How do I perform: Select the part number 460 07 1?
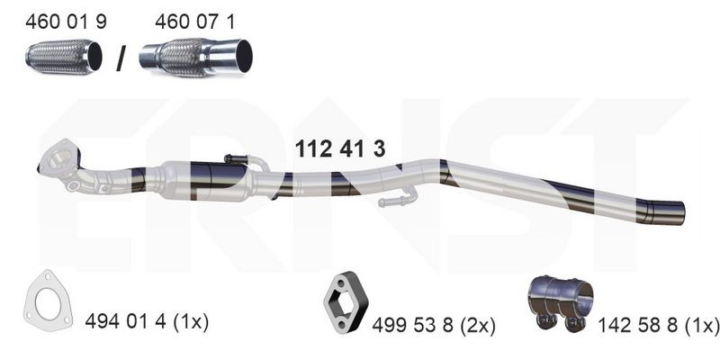pyautogui.click(x=195, y=22)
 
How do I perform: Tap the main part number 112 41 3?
pyautogui.click(x=340, y=150)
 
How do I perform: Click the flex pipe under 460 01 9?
pyautogui.click(x=59, y=58)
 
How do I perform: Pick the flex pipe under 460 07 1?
pyautogui.click(x=195, y=58)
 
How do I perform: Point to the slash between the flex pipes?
pyautogui.click(x=120, y=58)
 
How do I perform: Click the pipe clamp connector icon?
pyautogui.click(x=558, y=302)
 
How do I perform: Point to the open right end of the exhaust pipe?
pyautogui.click(x=680, y=213)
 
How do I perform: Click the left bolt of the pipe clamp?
pyautogui.click(x=544, y=321)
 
